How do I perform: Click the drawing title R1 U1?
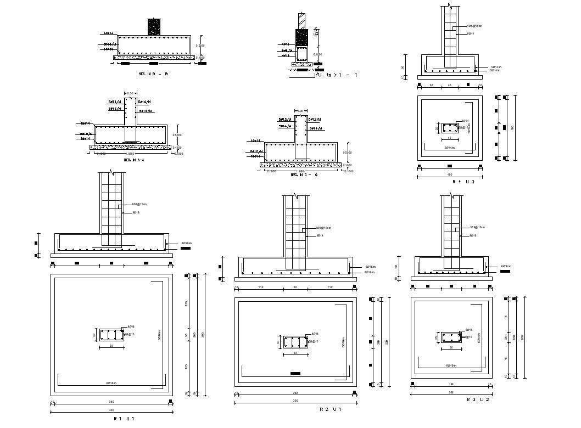tap(124, 419)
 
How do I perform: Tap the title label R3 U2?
tap(478, 399)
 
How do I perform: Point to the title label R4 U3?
tap(463, 182)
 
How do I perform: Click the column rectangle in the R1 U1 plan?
tap(112, 335)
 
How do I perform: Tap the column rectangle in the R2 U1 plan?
tap(295, 342)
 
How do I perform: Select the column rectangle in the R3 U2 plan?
tap(451, 337)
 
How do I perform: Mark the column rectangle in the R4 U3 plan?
tap(450, 128)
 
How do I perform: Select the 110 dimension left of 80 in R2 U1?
tap(261, 288)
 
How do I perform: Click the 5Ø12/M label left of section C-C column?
tap(284, 119)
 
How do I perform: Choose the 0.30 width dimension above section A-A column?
tap(130, 93)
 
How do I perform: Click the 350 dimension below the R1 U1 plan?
tap(112, 402)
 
